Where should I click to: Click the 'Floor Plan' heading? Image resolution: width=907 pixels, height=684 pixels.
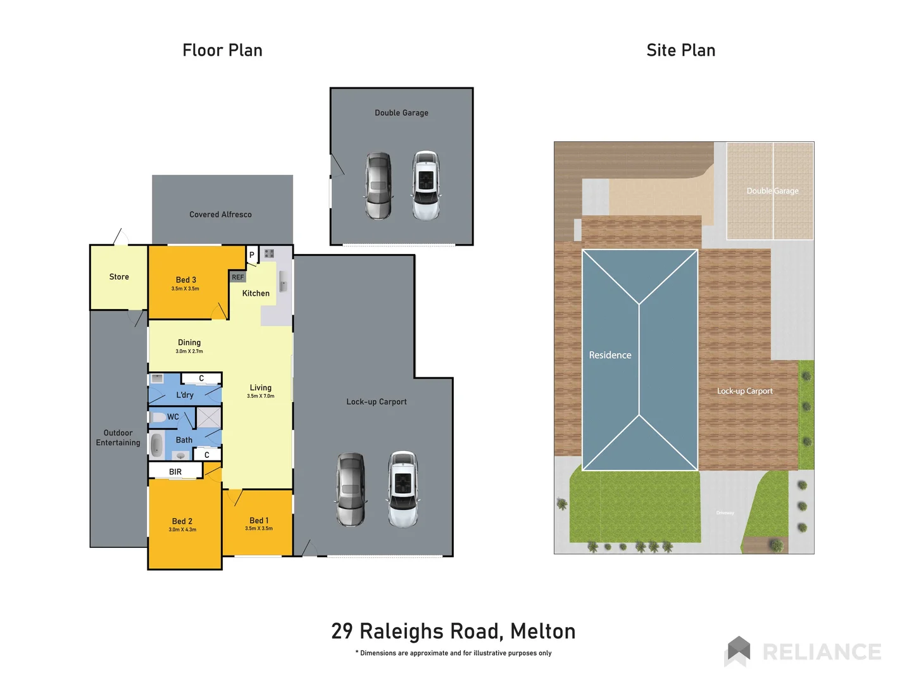(x=222, y=50)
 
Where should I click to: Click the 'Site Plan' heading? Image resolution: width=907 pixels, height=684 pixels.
(x=680, y=50)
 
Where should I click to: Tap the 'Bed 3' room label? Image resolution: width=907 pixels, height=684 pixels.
(x=185, y=280)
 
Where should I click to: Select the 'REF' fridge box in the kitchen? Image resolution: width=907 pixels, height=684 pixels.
(x=237, y=277)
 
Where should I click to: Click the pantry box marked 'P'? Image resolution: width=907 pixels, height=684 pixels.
(x=252, y=255)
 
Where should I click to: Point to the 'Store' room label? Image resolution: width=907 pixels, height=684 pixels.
(x=119, y=277)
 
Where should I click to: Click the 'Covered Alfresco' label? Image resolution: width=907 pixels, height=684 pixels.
(x=220, y=215)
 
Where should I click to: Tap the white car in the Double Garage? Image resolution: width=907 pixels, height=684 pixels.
(x=426, y=185)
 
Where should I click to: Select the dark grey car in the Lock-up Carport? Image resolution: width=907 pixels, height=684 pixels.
(x=351, y=489)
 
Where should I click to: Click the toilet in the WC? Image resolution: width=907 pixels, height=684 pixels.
(x=158, y=417)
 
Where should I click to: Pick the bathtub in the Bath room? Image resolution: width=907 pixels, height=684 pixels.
(x=157, y=445)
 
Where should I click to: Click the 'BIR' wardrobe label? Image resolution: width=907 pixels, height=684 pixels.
(x=175, y=472)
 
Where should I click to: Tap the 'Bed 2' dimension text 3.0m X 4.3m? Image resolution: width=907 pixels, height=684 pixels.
(x=182, y=529)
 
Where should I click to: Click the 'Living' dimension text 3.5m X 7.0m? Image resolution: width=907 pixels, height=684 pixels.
(x=260, y=396)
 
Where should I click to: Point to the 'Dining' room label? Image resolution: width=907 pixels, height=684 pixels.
(x=189, y=342)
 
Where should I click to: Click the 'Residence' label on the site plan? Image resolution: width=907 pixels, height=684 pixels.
(x=610, y=355)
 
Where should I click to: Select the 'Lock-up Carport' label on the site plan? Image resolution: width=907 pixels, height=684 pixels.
(x=744, y=391)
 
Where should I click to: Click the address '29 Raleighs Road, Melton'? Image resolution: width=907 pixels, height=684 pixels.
(x=453, y=631)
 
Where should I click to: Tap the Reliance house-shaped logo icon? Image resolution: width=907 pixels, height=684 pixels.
(x=738, y=650)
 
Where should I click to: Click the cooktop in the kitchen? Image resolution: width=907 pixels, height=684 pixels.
(x=269, y=253)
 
